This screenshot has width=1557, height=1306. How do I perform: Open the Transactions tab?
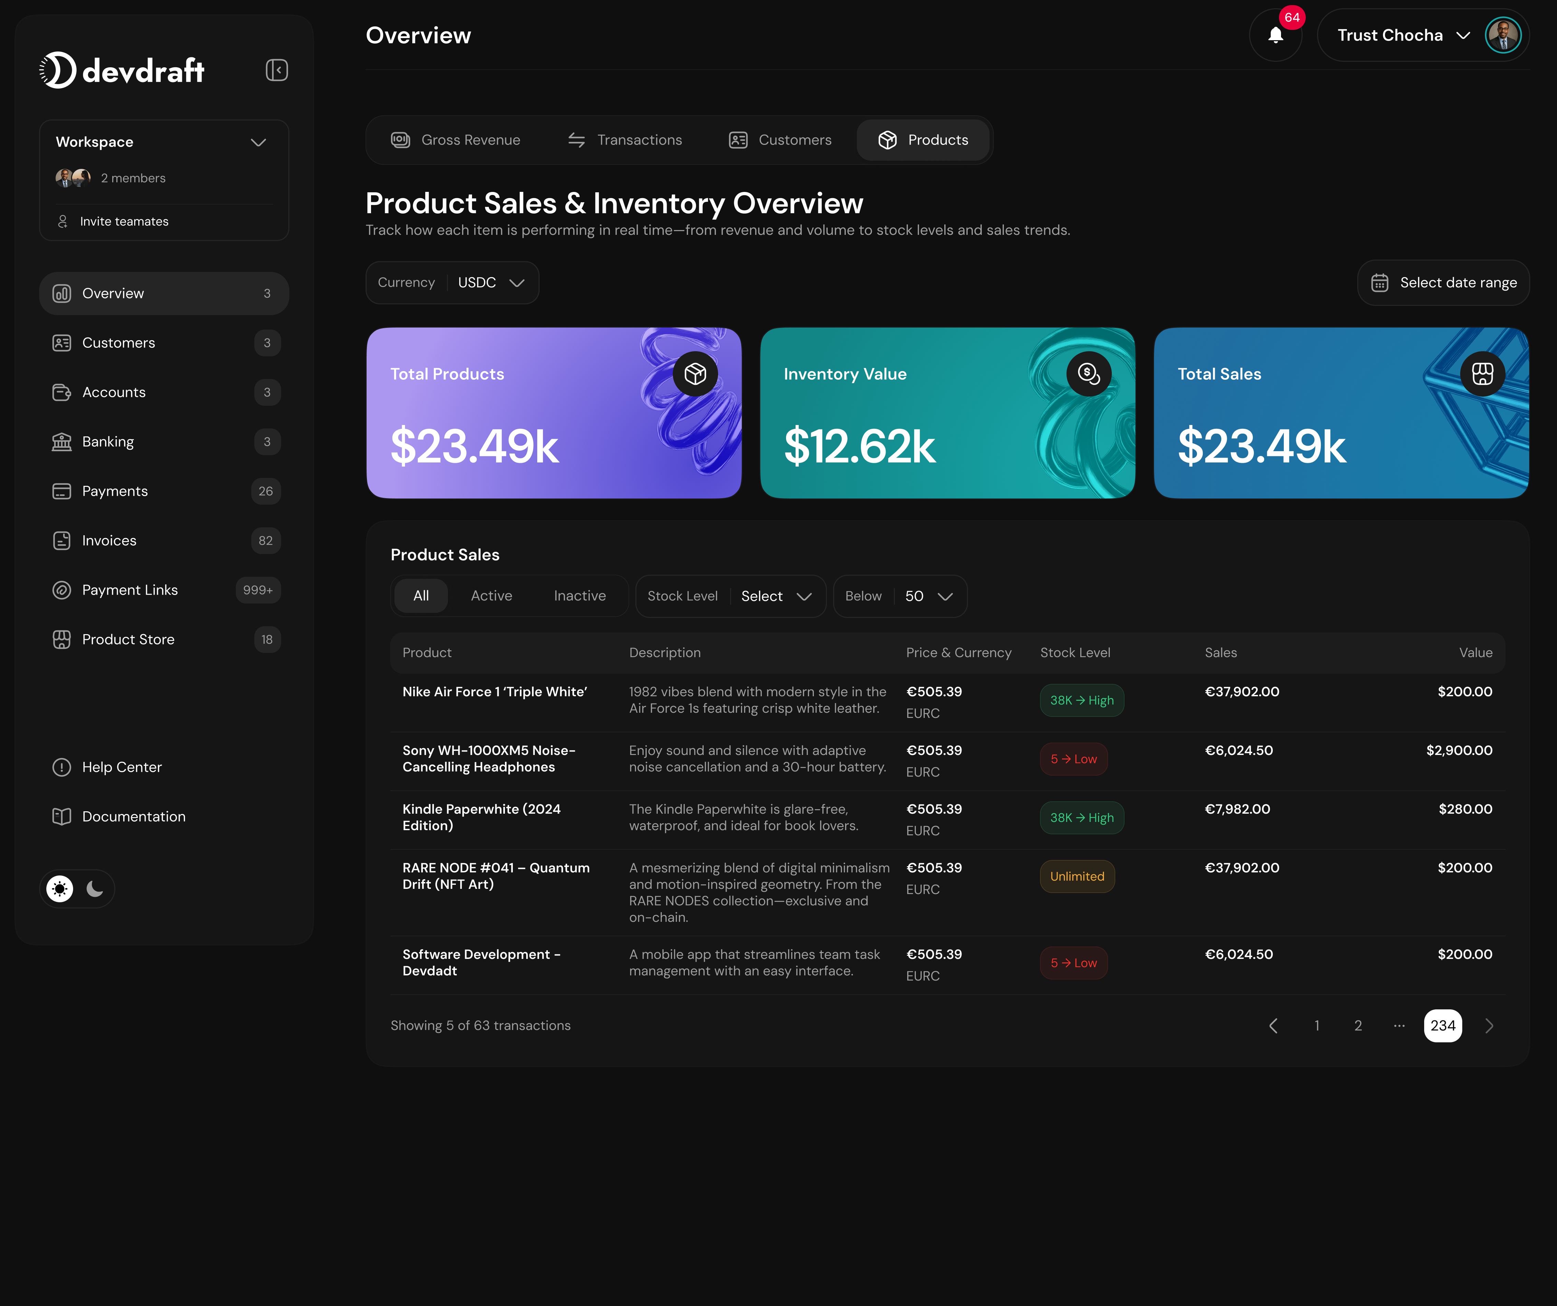click(x=625, y=140)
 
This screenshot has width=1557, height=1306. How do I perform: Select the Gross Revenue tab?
click(x=456, y=140)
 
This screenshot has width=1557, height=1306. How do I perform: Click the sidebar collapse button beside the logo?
click(x=277, y=70)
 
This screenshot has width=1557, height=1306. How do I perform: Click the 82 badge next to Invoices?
click(x=265, y=541)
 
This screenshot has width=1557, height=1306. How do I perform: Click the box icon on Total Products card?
click(x=695, y=374)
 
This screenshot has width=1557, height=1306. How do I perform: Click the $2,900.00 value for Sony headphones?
click(x=1458, y=751)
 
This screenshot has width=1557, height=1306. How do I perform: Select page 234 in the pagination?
click(x=1442, y=1026)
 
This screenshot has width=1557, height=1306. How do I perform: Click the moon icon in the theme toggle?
click(x=95, y=889)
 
